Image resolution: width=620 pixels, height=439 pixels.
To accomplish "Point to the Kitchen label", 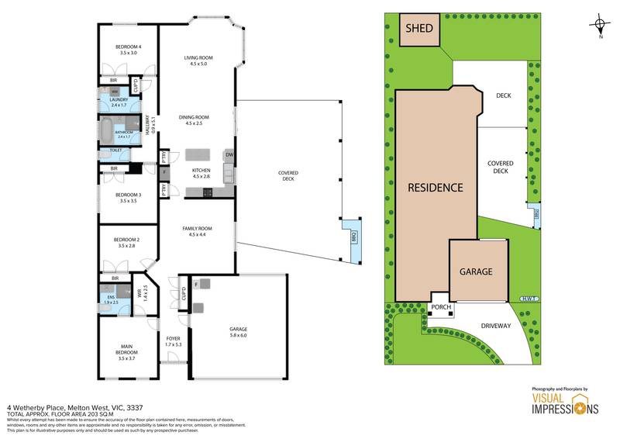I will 201,173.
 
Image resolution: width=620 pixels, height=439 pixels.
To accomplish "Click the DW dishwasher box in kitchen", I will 229,154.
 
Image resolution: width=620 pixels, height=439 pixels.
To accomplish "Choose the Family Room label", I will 198,231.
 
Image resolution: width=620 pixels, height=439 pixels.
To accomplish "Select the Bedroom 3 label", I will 128,198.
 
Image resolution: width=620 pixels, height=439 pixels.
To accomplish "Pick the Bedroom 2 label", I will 127,242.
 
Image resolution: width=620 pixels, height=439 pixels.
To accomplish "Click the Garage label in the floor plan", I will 238,332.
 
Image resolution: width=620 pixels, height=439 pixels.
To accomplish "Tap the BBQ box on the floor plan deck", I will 354,236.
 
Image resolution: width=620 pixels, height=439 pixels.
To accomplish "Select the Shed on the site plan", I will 419,30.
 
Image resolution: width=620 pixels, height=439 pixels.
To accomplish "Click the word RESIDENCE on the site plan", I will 436,187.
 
